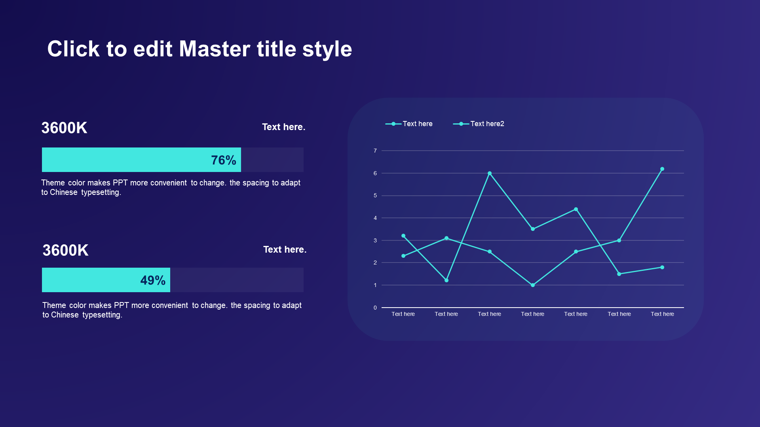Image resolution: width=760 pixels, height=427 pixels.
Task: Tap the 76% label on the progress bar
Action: pos(224,160)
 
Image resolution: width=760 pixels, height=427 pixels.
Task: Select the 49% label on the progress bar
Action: pos(153,280)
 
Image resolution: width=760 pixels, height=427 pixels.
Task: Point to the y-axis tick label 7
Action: pos(375,151)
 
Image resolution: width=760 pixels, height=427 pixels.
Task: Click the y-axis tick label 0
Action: pos(375,308)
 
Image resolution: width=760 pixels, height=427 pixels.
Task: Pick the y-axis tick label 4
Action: pos(375,218)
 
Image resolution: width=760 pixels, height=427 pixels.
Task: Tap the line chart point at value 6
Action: pos(490,173)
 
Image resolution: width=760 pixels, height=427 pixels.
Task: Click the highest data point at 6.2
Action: pos(662,169)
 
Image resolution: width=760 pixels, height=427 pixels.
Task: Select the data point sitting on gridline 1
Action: pos(533,285)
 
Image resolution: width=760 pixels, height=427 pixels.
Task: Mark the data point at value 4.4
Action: pos(576,209)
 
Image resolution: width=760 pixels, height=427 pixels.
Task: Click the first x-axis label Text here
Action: pos(403,314)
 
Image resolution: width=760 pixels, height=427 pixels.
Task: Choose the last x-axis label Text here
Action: pos(662,314)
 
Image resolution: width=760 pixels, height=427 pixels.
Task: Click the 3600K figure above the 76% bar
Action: pos(65,128)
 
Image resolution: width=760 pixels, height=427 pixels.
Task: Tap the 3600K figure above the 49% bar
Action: pos(66,250)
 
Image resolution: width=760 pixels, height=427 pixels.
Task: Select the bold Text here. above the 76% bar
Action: pos(284,127)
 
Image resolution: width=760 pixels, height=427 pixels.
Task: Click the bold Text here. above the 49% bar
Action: pos(285,249)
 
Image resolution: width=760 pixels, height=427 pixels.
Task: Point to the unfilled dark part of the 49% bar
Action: pos(237,280)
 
